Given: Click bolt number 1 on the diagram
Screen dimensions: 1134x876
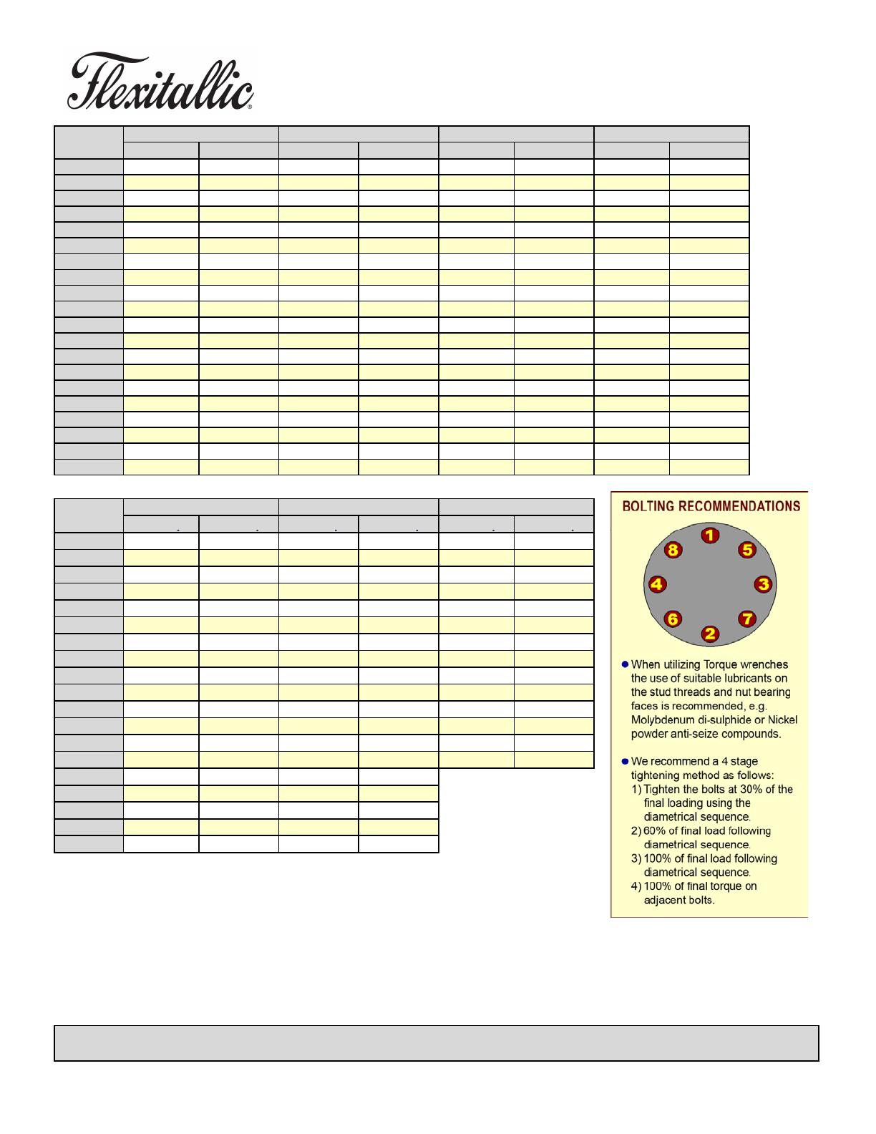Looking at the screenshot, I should pyautogui.click(x=709, y=535).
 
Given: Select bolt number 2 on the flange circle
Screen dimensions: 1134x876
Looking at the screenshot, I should pyautogui.click(x=709, y=634).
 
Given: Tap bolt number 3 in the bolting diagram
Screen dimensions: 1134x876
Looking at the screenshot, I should pyautogui.click(x=764, y=584).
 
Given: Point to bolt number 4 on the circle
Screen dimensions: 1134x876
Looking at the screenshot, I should pyautogui.click(x=656, y=584).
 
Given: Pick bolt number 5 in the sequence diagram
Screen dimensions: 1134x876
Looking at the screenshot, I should pyautogui.click(x=747, y=550).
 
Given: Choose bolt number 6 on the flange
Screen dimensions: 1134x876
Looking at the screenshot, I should pyautogui.click(x=673, y=619).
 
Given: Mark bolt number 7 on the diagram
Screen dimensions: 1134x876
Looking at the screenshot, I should pyautogui.click(x=746, y=619).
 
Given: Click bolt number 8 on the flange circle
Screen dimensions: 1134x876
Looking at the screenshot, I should pyautogui.click(x=673, y=550).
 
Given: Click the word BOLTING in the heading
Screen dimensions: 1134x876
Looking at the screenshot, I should pyautogui.click(x=649, y=506).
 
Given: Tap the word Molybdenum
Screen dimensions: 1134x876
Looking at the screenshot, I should pyautogui.click(x=661, y=719).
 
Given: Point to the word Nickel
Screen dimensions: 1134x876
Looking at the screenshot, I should pyautogui.click(x=782, y=719).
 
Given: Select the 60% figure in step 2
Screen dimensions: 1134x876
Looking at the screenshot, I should pyautogui.click(x=656, y=830).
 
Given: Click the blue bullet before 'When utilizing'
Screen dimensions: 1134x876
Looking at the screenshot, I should pyautogui.click(x=624, y=664).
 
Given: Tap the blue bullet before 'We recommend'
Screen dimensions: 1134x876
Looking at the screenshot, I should pyautogui.click(x=624, y=761).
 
